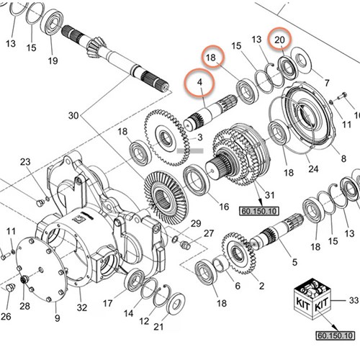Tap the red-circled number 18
click(x=211, y=58)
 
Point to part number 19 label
click(x=53, y=60)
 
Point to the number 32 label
click(x=82, y=307)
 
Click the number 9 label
click(x=58, y=318)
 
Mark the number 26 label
click(x=6, y=315)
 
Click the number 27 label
click(x=209, y=233)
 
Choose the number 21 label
click(x=158, y=326)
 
